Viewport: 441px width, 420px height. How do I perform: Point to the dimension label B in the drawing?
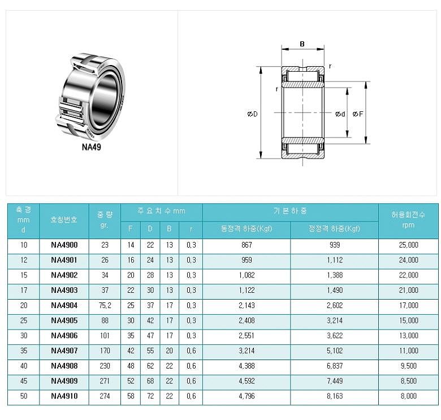click(302, 44)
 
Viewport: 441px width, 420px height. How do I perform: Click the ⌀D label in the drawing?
click(252, 114)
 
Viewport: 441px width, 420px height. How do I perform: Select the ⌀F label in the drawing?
click(357, 114)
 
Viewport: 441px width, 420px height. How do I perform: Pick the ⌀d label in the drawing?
click(340, 114)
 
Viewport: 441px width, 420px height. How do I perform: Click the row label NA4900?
click(64, 245)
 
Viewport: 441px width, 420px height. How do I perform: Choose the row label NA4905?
click(64, 321)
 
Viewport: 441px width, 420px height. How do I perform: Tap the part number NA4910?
click(64, 396)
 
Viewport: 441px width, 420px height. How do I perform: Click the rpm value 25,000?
click(408, 245)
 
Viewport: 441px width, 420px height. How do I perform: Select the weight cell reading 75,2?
click(105, 305)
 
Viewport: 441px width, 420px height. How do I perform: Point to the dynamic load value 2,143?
click(247, 305)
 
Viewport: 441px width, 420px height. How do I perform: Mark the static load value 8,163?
click(335, 396)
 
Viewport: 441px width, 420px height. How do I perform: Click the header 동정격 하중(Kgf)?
click(247, 229)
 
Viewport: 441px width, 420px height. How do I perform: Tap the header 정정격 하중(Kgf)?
click(335, 229)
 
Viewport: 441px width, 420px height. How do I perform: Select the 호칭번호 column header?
click(64, 219)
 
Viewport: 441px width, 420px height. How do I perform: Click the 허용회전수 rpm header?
click(408, 219)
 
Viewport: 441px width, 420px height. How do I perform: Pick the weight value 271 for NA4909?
click(105, 381)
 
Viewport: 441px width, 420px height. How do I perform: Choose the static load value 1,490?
click(335, 290)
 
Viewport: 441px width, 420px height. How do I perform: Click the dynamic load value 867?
click(247, 245)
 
